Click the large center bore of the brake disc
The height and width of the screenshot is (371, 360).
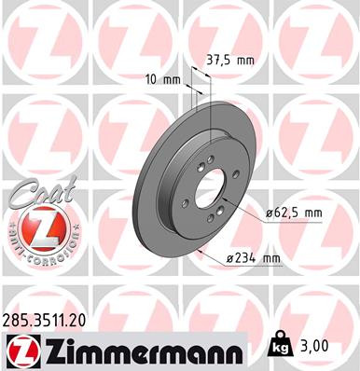pos(208,187)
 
